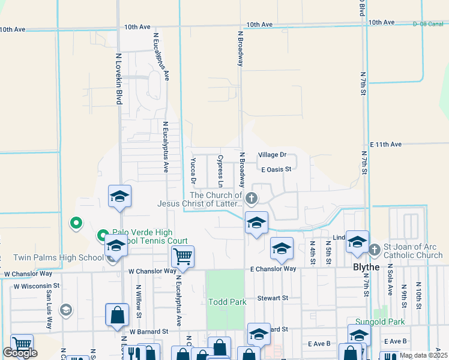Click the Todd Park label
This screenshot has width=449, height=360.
[227, 302]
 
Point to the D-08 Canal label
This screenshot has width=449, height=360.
[427, 24]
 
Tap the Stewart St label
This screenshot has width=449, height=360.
[273, 298]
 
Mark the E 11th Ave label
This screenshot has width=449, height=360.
[385, 145]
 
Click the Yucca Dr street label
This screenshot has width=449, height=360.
[193, 171]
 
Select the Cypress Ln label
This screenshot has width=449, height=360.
[220, 169]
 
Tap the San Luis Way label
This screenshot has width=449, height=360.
[49, 312]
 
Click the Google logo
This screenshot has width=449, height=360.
[20, 353]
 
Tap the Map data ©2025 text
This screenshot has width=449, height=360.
[423, 355]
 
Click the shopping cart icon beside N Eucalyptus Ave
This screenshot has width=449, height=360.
[182, 257]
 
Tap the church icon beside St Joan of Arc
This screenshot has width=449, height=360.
[375, 248]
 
